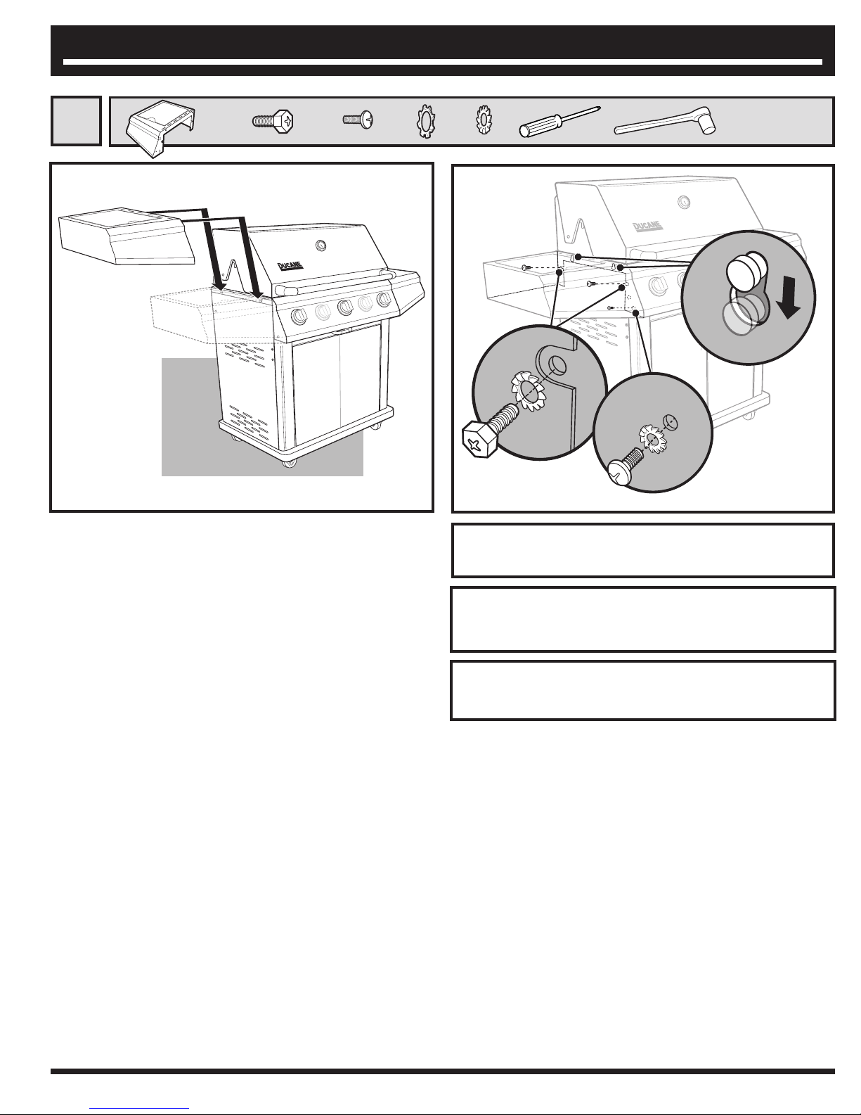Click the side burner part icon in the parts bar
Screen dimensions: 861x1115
tap(161, 128)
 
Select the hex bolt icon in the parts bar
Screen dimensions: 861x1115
tap(273, 122)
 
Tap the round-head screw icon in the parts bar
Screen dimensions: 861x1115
tap(358, 120)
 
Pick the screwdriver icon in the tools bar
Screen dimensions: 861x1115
tap(559, 122)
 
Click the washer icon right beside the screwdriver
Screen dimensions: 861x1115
tap(484, 120)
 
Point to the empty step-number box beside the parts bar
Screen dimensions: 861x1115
tap(76, 121)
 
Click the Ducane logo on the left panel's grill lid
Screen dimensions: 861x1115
tap(290, 267)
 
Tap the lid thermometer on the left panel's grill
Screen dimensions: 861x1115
tap(321, 246)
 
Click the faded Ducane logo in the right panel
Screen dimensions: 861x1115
tap(647, 226)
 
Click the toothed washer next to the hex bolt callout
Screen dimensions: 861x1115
tap(528, 392)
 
